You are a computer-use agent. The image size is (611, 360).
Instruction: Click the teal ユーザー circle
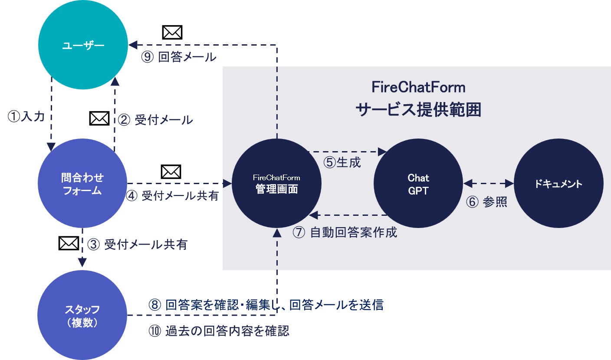click(83, 45)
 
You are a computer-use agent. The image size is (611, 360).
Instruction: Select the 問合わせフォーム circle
click(82, 183)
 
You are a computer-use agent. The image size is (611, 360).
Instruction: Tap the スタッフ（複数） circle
click(82, 315)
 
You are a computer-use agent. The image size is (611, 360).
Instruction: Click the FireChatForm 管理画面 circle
click(276, 183)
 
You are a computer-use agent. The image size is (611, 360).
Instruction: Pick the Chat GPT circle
click(418, 183)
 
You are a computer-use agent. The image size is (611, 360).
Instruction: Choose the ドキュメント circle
click(558, 183)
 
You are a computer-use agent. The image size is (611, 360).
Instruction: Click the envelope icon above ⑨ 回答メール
click(172, 33)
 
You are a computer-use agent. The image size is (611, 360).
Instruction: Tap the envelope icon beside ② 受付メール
click(99, 119)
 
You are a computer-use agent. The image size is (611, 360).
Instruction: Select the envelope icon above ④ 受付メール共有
click(171, 172)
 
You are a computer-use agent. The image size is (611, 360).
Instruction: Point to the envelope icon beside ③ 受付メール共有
click(69, 243)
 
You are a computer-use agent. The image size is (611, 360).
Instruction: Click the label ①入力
click(26, 116)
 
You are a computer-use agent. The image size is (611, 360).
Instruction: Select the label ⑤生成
click(342, 162)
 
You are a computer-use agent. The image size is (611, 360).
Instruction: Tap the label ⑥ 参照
click(486, 202)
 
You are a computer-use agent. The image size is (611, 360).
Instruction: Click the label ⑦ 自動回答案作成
click(345, 232)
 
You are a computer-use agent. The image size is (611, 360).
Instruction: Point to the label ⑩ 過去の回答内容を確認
click(219, 331)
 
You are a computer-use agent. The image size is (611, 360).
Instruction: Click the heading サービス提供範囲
click(418, 110)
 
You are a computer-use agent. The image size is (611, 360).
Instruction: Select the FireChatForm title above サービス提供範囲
click(418, 87)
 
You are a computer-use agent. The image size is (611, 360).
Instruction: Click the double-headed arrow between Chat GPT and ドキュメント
click(489, 183)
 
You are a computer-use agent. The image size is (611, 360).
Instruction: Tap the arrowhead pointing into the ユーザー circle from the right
click(133, 45)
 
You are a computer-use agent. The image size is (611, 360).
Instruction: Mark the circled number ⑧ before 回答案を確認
click(154, 304)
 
